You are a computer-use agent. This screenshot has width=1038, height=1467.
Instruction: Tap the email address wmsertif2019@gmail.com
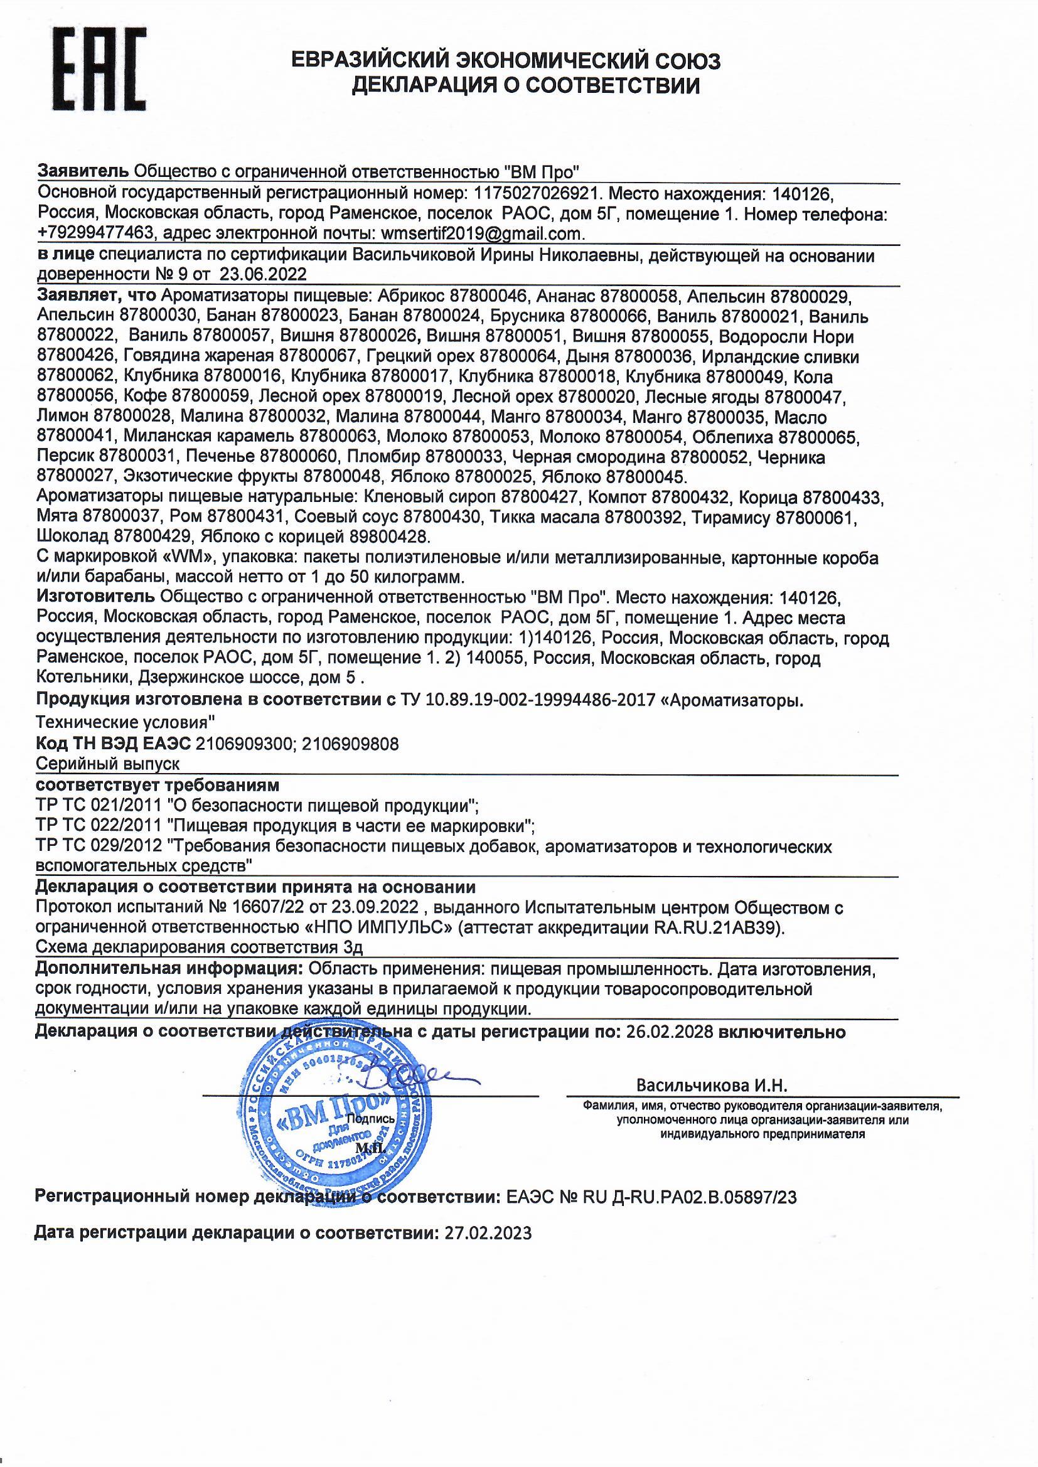point(481,234)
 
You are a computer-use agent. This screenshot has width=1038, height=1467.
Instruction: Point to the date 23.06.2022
point(264,275)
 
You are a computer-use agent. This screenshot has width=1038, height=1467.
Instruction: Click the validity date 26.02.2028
point(668,1032)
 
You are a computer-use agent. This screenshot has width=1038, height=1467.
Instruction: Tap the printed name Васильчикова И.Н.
point(712,1085)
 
